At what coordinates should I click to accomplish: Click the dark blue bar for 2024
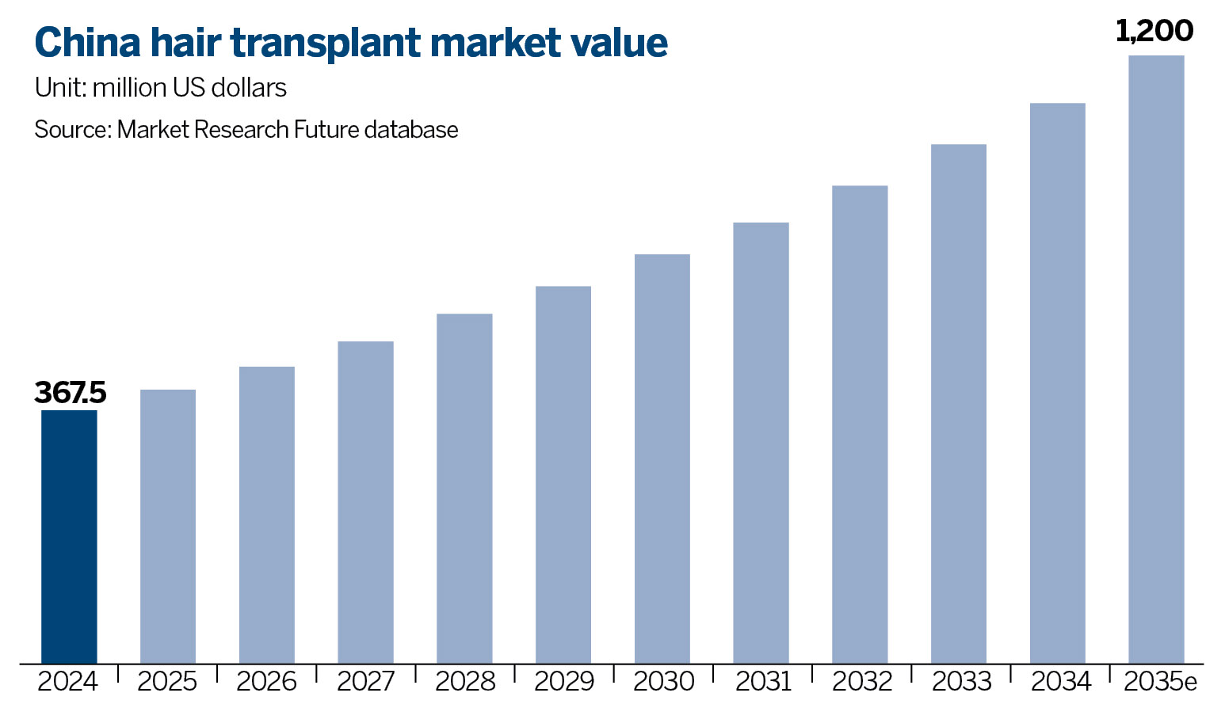69,536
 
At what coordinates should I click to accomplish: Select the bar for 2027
365,502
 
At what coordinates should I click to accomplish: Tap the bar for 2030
662,459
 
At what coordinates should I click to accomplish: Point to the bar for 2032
860,424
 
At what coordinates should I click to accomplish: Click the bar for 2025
168,526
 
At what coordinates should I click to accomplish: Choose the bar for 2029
563,474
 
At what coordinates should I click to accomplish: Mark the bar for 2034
1058,383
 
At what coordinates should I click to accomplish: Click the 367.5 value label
71,393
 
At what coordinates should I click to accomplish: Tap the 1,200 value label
1154,31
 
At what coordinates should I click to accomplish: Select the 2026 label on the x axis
266,681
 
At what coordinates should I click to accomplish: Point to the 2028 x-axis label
465,681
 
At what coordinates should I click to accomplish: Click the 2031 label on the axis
763,681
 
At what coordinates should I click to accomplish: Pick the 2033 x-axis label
961,681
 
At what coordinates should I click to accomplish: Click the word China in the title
87,43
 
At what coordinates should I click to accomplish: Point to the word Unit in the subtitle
59,87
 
